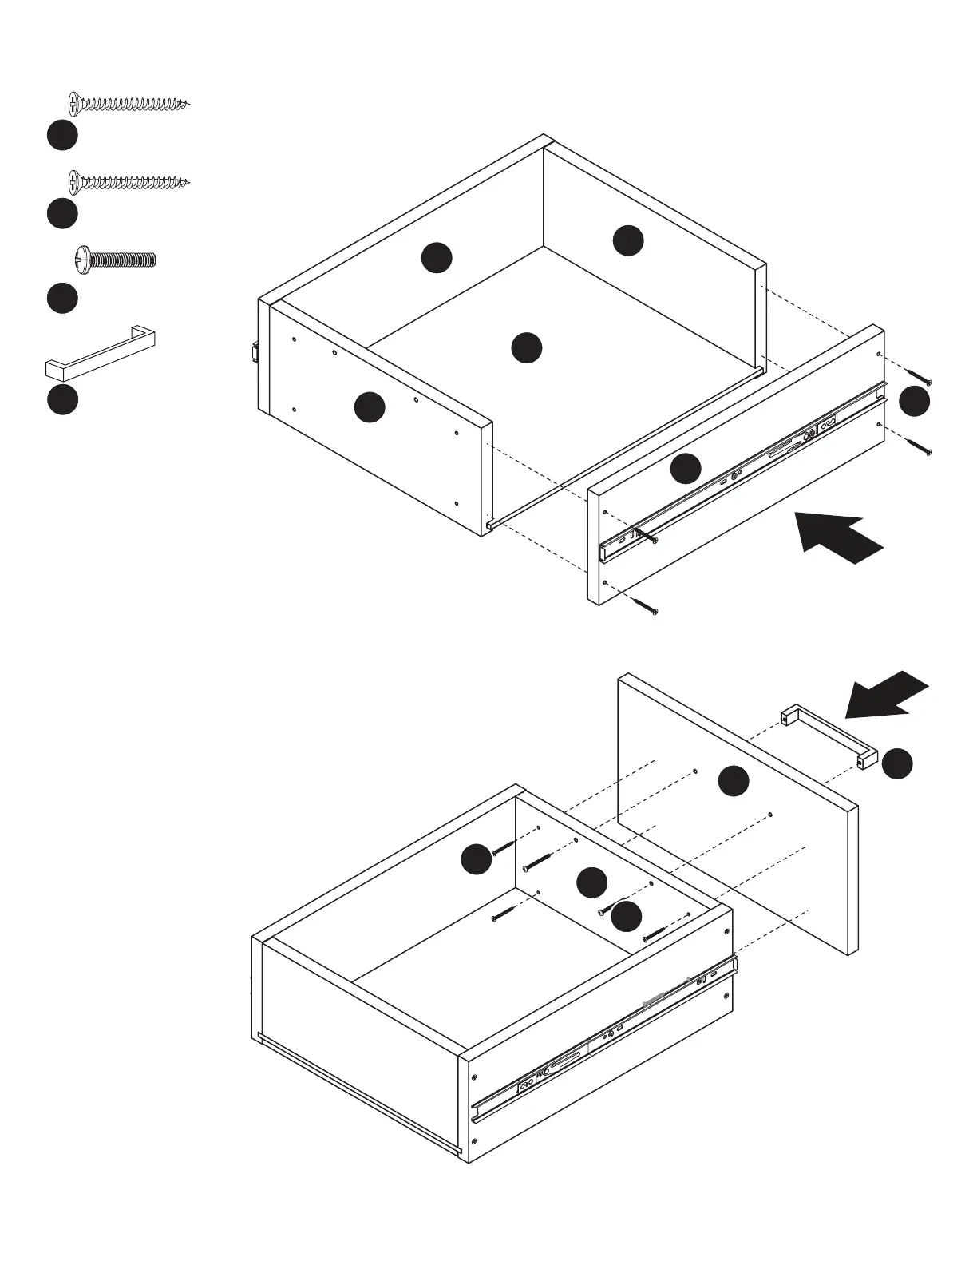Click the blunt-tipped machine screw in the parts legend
click(x=115, y=259)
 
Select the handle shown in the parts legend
click(x=100, y=355)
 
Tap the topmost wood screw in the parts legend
click(x=129, y=103)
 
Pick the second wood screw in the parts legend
click(x=129, y=182)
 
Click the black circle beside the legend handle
click(x=61, y=399)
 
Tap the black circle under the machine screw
click(x=61, y=298)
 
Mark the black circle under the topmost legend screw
click(x=61, y=135)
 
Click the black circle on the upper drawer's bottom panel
click(x=526, y=347)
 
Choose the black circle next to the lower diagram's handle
click(x=897, y=763)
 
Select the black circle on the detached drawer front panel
click(x=733, y=781)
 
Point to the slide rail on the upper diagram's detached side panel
click(x=742, y=471)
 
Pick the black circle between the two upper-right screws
click(x=914, y=401)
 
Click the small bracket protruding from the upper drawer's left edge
click(x=255, y=352)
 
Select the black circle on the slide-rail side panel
click(x=685, y=469)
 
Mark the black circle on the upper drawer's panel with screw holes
click(x=370, y=407)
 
